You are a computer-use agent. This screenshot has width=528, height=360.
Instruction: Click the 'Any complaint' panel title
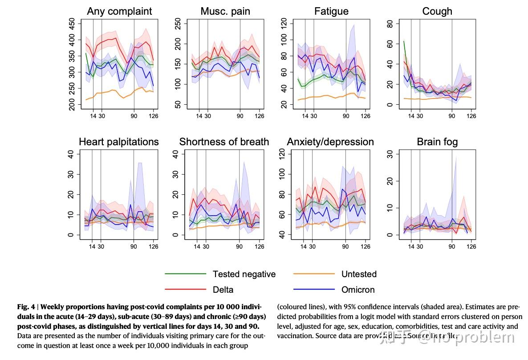point(119,12)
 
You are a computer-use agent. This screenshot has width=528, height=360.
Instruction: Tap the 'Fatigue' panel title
point(331,12)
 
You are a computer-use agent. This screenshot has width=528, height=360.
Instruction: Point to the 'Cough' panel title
point(437,12)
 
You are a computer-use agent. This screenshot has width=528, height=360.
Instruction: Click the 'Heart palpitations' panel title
point(119,142)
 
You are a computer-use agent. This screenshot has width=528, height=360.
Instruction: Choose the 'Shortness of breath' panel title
point(224,142)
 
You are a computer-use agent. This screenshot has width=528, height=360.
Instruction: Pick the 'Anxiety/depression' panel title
point(330,142)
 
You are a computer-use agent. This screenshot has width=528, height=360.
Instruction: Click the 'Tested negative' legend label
point(244,274)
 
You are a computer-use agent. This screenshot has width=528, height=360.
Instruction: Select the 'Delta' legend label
point(223,290)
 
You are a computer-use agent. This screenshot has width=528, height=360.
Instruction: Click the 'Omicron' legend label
point(358,290)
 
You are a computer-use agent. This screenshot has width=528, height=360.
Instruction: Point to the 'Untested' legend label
point(359,274)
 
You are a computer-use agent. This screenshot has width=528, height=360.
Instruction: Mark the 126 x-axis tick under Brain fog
point(471,246)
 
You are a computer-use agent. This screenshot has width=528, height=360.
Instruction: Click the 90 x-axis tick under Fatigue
point(346,116)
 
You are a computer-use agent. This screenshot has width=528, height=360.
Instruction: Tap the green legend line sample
point(185,274)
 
